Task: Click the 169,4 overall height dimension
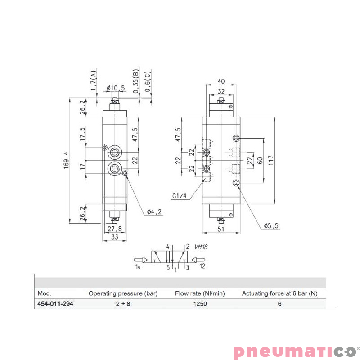[66, 160]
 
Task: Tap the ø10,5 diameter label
[116, 88]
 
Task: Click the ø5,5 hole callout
[271, 225]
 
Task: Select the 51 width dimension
[220, 229]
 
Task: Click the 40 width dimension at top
[220, 81]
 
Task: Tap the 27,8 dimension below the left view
[115, 229]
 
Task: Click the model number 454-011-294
[55, 304]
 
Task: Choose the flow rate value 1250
[200, 304]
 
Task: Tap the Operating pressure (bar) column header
[123, 293]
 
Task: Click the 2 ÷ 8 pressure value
[123, 304]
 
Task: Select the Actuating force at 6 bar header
[279, 293]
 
